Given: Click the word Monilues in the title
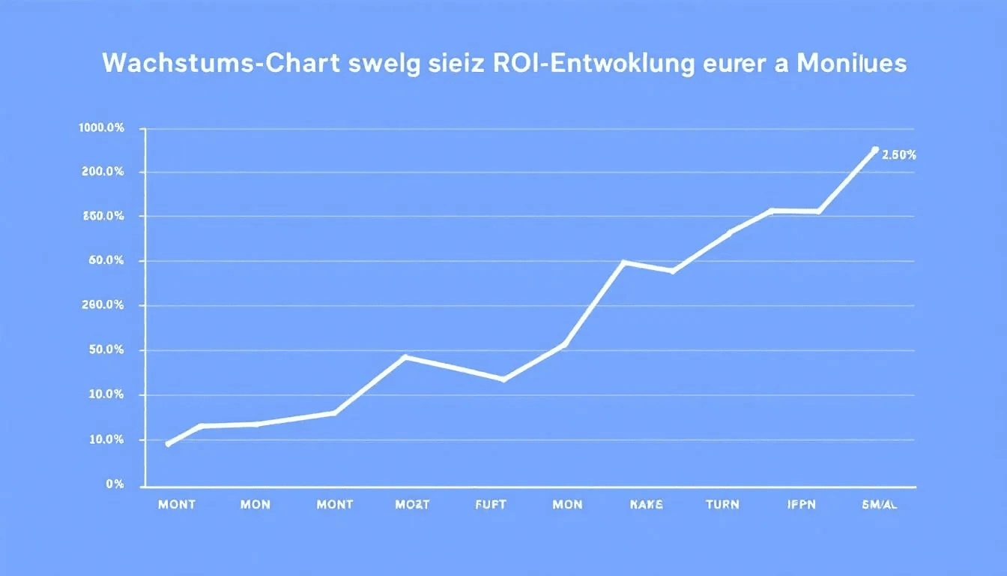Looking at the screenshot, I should (851, 64).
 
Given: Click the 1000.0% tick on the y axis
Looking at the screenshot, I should (101, 128).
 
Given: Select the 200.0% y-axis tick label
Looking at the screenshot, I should (103, 172).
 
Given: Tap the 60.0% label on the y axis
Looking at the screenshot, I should (106, 261).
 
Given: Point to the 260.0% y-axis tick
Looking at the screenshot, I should (103, 305).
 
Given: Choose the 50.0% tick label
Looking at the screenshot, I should (106, 350).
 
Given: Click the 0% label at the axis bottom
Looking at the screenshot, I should (115, 484).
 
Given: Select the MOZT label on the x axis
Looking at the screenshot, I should (412, 505).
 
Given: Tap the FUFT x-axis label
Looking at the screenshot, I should (491, 505).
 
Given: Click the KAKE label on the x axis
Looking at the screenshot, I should (645, 505).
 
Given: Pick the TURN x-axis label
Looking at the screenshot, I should (723, 505).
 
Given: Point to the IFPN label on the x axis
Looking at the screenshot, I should (800, 505).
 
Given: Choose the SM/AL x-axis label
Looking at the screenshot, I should (880, 505).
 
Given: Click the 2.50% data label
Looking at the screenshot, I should (898, 155).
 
